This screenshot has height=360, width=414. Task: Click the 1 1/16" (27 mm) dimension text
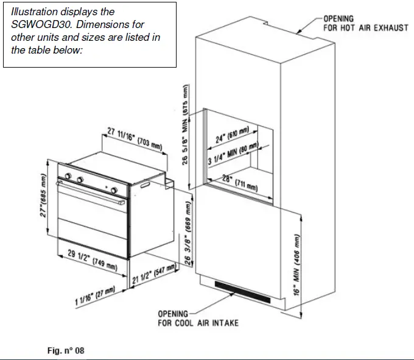[x=95, y=297]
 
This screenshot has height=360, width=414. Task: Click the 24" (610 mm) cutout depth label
[x=233, y=138]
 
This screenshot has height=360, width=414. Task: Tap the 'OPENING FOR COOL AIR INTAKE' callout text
[x=198, y=318]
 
